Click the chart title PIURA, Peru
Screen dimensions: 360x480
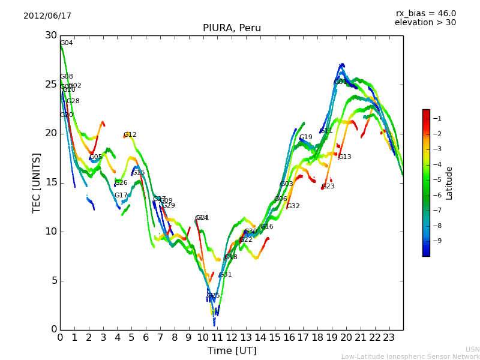click(232, 28)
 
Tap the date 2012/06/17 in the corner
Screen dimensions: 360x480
click(47, 16)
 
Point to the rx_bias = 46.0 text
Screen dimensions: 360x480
click(425, 14)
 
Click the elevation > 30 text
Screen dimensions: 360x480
click(425, 23)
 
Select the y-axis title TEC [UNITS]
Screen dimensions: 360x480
click(37, 182)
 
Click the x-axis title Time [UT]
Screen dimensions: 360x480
click(232, 351)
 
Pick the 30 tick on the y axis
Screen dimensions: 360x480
click(51, 35)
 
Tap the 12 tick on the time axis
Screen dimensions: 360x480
click(232, 337)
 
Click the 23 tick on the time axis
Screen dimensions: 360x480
click(389, 337)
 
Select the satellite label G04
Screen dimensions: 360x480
click(66, 43)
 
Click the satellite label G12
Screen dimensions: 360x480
click(130, 135)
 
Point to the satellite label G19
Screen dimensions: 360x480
click(306, 137)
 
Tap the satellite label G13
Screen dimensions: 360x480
click(344, 157)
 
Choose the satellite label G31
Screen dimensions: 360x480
click(225, 275)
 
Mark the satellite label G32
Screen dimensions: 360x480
click(293, 206)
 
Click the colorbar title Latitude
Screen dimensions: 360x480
click(449, 183)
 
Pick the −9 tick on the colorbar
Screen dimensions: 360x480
click(437, 241)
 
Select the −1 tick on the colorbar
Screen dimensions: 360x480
click(437, 118)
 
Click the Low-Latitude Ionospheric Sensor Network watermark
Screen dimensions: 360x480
click(410, 356)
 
